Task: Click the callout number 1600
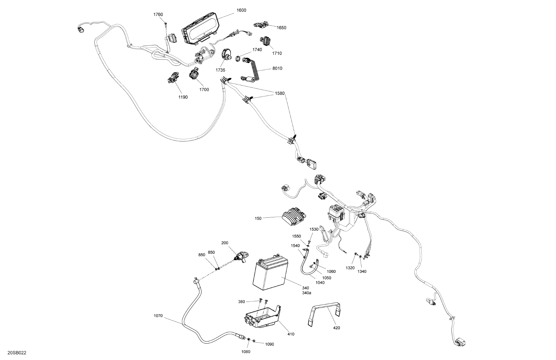[241, 10]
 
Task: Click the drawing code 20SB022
[17, 353]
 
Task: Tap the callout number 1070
[158, 316]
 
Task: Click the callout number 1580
[279, 94]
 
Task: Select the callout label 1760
[158, 15]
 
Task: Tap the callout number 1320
[350, 268]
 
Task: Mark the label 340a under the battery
[307, 293]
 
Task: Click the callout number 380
[252, 302]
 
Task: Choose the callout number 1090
[269, 344]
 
